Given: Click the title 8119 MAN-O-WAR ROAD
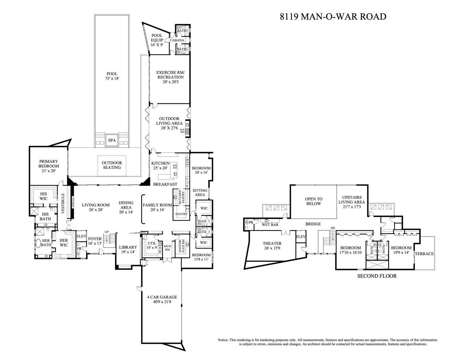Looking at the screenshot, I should [x=333, y=16].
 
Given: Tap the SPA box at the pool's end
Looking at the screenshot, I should [x=112, y=140].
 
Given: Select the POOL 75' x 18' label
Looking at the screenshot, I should [x=112, y=76].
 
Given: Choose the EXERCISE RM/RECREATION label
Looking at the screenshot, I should [x=170, y=77].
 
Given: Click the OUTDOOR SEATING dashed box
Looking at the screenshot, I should [x=112, y=165].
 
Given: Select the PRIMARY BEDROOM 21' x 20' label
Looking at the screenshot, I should [x=49, y=166].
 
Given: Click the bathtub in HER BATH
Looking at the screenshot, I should [x=38, y=244].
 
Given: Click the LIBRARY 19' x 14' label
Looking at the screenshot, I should [x=128, y=249].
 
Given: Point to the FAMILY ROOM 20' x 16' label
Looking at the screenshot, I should [x=157, y=207].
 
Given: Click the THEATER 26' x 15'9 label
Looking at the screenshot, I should [x=272, y=246].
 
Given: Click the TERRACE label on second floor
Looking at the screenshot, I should [x=424, y=254].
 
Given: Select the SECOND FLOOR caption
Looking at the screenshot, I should [x=377, y=276].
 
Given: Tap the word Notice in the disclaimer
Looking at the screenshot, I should [x=223, y=340].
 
